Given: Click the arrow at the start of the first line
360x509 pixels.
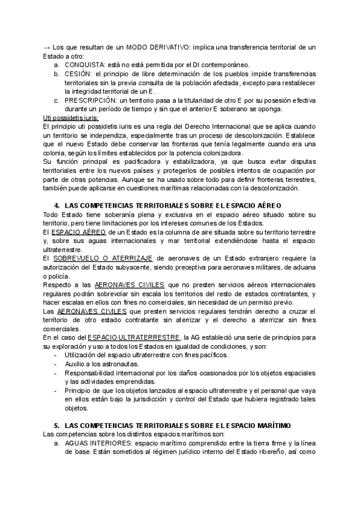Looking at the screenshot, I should click(x=47, y=47).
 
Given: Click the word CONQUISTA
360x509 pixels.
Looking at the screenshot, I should click(x=85, y=64).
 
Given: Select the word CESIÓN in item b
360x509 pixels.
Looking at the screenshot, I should click(x=78, y=73).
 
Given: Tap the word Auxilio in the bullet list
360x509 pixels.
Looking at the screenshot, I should click(x=77, y=364).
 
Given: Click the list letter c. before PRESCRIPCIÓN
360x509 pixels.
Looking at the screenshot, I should click(x=56, y=100).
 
